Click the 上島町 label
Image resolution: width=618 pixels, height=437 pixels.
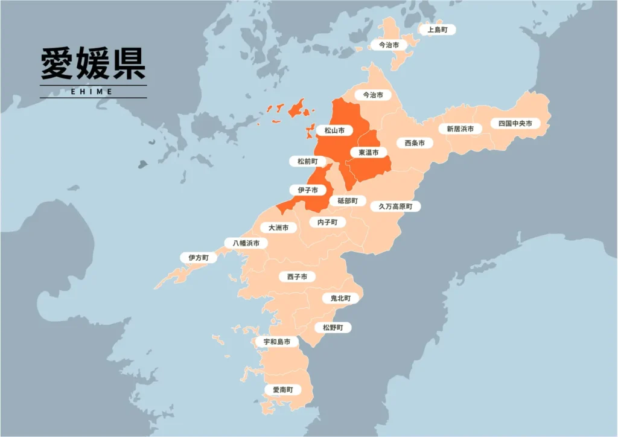[437, 30]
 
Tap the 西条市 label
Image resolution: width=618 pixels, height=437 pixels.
[414, 143]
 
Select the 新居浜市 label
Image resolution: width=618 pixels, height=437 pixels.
[460, 129]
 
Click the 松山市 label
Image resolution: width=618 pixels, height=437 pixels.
[334, 130]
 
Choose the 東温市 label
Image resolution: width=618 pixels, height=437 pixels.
[368, 153]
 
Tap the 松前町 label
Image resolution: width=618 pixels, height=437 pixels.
[307, 161]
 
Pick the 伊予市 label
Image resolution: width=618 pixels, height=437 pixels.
[307, 190]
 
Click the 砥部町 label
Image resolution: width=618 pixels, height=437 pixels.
[348, 200]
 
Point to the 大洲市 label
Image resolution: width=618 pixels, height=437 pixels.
[278, 228]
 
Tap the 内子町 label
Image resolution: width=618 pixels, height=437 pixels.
[327, 222]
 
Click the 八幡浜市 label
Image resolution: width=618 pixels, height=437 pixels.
[246, 243]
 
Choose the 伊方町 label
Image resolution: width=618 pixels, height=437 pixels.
[199, 257]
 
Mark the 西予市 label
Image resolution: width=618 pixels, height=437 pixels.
[296, 276]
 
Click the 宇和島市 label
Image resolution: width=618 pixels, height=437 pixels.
[276, 342]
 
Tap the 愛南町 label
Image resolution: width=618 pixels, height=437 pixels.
[282, 390]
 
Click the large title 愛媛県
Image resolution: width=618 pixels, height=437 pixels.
[93, 64]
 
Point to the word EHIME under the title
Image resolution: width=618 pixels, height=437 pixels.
[93, 92]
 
